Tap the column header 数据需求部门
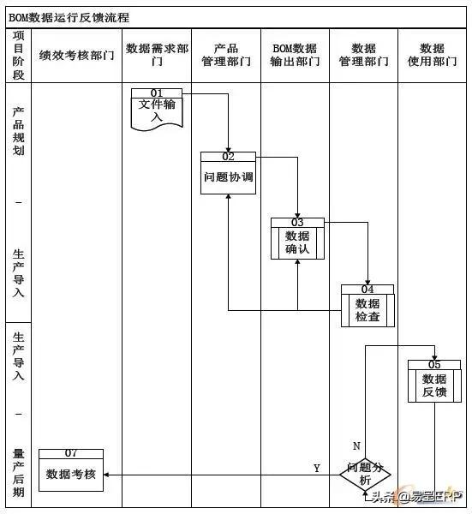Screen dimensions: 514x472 157,56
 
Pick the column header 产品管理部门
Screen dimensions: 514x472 226,56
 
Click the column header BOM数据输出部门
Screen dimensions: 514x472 295,56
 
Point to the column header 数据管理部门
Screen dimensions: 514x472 363,56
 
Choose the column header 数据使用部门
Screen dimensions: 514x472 433,56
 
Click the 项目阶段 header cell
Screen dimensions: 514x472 19,56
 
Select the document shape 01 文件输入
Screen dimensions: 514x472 157,108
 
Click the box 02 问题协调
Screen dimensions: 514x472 228,174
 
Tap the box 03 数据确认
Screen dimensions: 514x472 297,239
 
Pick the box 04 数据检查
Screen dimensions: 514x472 367,306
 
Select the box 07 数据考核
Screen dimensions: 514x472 71,470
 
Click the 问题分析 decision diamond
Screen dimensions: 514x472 366,475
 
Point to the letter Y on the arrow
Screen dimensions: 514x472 316,469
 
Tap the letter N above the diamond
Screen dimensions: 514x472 356,446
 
